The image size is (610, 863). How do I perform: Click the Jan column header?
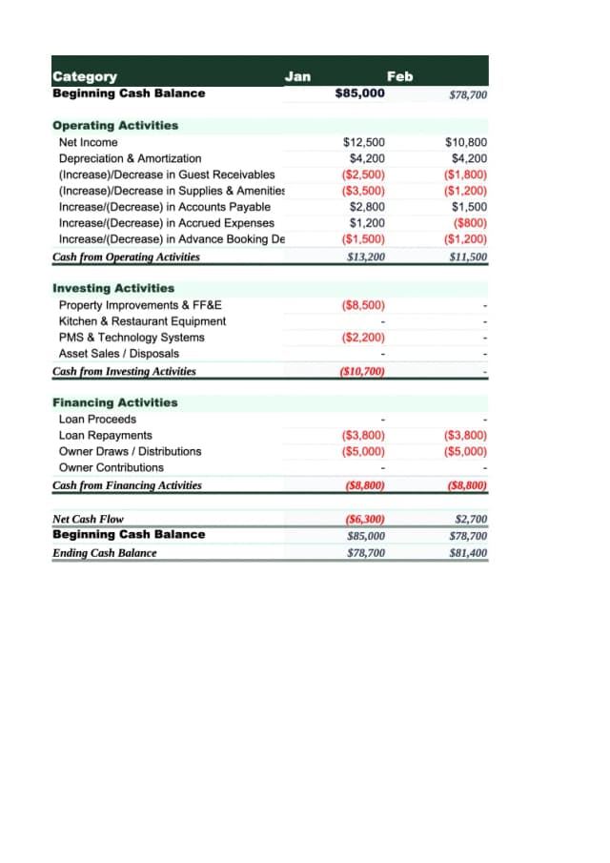[x=298, y=76]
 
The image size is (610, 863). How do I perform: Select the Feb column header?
[x=400, y=76]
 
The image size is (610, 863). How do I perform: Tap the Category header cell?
[x=85, y=76]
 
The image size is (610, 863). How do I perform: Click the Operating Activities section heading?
[x=115, y=126]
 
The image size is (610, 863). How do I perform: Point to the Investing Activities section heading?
[x=113, y=288]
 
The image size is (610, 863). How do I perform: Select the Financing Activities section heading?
[x=114, y=402]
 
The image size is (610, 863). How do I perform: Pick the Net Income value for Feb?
[x=466, y=142]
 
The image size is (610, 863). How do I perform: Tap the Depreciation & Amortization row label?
[x=130, y=158]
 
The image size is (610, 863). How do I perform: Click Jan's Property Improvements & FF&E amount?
[x=362, y=305]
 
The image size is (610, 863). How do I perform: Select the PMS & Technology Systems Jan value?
[x=362, y=338]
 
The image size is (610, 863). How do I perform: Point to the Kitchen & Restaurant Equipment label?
[x=142, y=321]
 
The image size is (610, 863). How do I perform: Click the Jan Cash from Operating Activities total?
[x=366, y=257]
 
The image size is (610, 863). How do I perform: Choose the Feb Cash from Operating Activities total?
[x=467, y=257]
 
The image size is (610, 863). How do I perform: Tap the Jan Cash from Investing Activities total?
[x=362, y=371]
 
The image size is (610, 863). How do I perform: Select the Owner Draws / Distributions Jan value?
[x=362, y=451]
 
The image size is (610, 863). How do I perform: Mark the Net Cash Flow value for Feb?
[x=471, y=520]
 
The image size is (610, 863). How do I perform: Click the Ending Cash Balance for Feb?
[x=468, y=553]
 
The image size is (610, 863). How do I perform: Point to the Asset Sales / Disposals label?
[x=118, y=354]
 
